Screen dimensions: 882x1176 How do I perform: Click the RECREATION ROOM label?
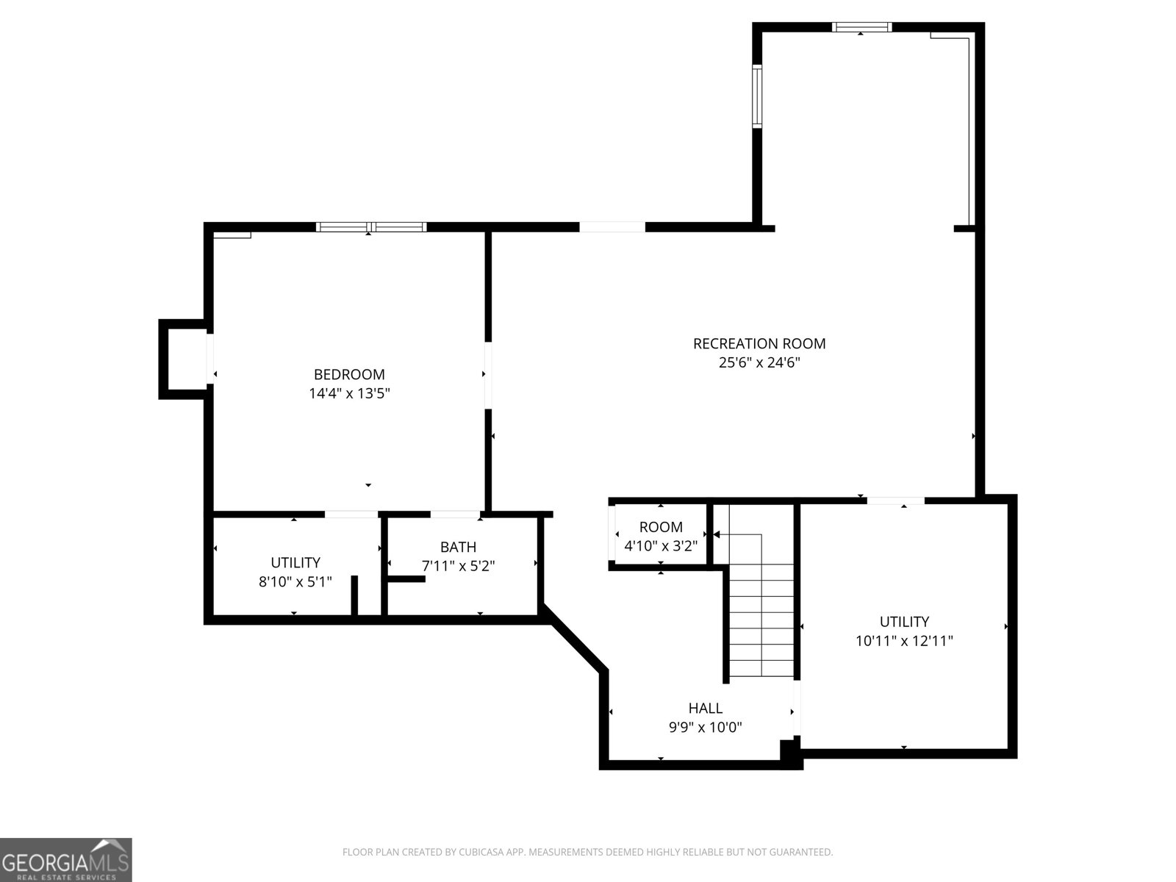click(x=759, y=343)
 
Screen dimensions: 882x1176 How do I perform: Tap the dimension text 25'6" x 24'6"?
click(x=759, y=362)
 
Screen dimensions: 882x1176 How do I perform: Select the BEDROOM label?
click(x=349, y=374)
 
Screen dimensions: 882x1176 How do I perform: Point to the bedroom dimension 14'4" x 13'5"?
click(x=349, y=393)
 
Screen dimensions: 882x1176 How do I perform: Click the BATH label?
click(x=458, y=547)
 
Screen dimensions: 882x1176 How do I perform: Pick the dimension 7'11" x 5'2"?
click(x=458, y=567)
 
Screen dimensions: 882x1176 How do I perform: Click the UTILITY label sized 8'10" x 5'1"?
click(x=295, y=562)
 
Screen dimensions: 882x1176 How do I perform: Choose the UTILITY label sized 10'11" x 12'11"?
click(x=904, y=621)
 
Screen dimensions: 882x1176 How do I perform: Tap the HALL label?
click(x=705, y=708)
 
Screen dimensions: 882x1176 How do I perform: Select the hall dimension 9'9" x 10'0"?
click(x=705, y=728)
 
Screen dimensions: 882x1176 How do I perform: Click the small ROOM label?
click(x=661, y=527)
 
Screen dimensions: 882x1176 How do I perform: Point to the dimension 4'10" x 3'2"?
click(x=661, y=546)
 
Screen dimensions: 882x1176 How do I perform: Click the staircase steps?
click(x=761, y=610)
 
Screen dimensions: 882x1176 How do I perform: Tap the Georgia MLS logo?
click(x=65, y=859)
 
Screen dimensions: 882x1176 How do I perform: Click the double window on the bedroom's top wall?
click(x=371, y=226)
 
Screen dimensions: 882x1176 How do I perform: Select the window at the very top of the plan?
click(x=861, y=27)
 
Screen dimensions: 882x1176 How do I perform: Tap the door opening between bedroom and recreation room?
click(x=487, y=375)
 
